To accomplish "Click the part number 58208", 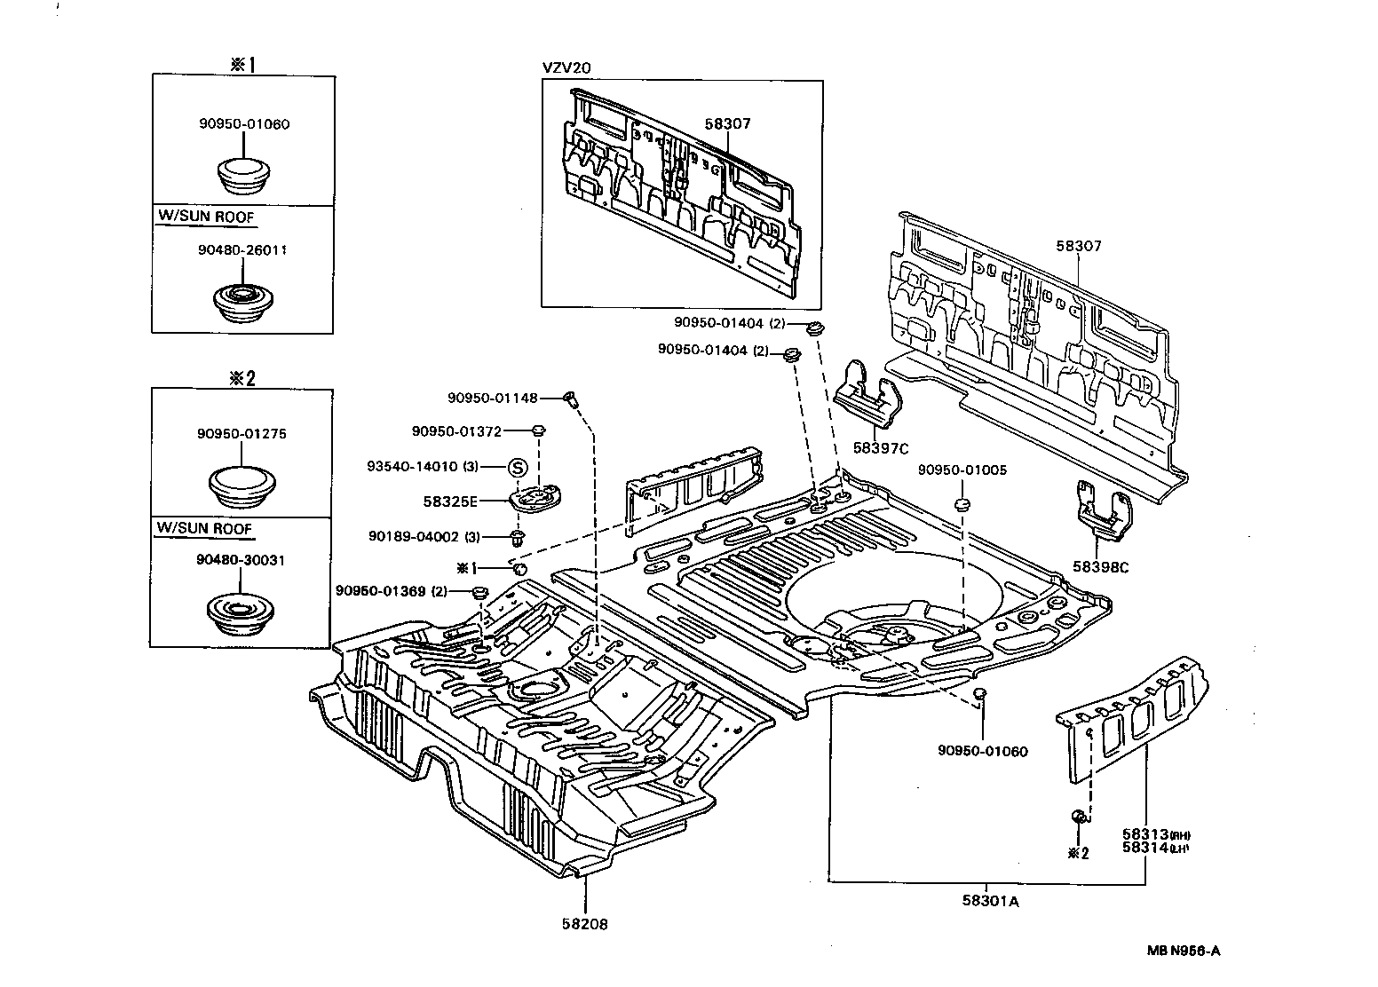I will coord(584,924).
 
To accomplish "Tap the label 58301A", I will coord(989,901).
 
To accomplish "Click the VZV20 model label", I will coord(566,67).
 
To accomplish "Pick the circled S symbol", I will coord(519,467).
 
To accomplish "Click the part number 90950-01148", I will coord(493,399).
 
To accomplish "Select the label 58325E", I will coord(451,501).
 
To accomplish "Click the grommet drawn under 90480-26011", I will coord(242,302).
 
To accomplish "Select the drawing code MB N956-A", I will coord(1183,951).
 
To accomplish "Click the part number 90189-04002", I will coord(413,536).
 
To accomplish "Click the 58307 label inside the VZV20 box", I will coord(727,123).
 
